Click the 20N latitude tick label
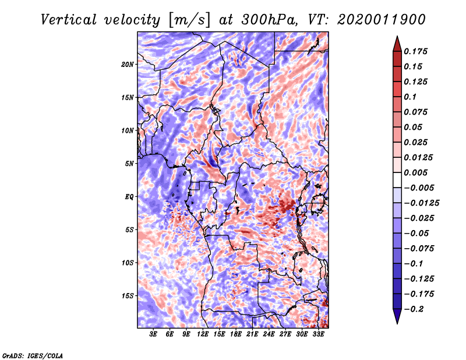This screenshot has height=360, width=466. click(128, 65)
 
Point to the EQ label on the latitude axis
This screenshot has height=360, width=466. click(129, 197)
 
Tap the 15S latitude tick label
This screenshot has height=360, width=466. click(128, 296)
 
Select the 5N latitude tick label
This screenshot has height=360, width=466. click(129, 164)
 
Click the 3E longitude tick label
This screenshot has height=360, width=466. click(153, 334)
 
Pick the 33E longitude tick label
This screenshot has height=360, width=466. click(318, 334)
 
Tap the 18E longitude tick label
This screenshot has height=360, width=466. click(236, 334)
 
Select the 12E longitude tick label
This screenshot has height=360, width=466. click(203, 334)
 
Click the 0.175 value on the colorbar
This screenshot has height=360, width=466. click(415, 51)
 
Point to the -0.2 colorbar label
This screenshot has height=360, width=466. click(414, 309)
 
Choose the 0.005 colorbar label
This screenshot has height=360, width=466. click(415, 172)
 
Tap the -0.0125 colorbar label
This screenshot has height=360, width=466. click(421, 203)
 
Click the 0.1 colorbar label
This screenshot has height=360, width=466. click(410, 97)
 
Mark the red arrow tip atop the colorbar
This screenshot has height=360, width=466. click(397, 36)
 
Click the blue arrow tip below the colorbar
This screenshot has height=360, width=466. click(397, 323)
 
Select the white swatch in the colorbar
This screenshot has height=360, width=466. click(397, 180)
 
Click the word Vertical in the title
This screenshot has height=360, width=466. click(69, 20)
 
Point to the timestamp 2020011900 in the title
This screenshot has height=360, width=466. click(382, 20)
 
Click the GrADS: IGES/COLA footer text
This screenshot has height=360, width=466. click(33, 355)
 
